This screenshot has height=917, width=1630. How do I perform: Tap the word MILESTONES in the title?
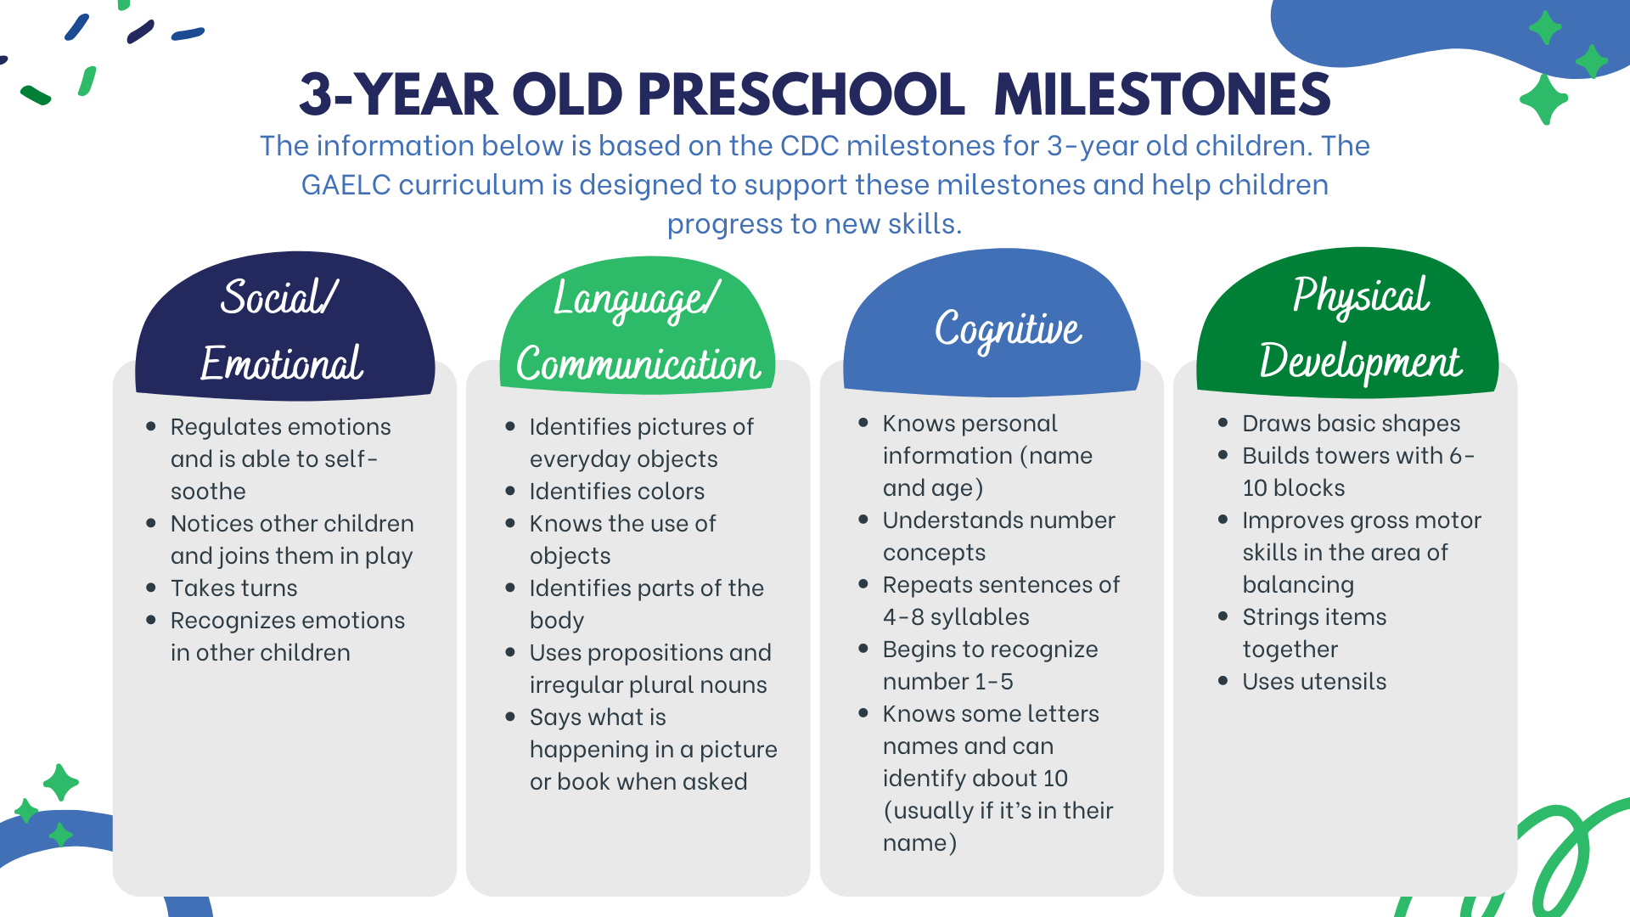click(x=1162, y=93)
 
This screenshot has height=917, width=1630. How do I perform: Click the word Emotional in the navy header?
click(x=282, y=363)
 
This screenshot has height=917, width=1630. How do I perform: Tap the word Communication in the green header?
click(x=638, y=364)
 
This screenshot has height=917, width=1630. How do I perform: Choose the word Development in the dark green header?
click(x=1360, y=363)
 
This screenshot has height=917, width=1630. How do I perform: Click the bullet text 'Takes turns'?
click(x=234, y=588)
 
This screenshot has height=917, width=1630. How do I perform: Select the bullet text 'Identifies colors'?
click(x=617, y=491)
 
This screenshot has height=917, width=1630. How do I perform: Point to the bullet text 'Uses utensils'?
click(x=1314, y=681)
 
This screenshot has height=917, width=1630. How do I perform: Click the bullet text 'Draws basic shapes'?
click(x=1352, y=423)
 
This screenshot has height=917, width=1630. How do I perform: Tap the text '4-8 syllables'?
click(x=956, y=616)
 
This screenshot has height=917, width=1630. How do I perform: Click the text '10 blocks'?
click(x=1294, y=487)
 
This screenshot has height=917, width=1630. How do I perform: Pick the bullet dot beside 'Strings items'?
click(x=1223, y=616)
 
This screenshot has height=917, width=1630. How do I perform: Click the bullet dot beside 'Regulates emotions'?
click(x=151, y=426)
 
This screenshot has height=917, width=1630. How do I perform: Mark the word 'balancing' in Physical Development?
click(x=1298, y=585)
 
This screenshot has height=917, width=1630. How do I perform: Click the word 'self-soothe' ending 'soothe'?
click(x=208, y=491)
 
